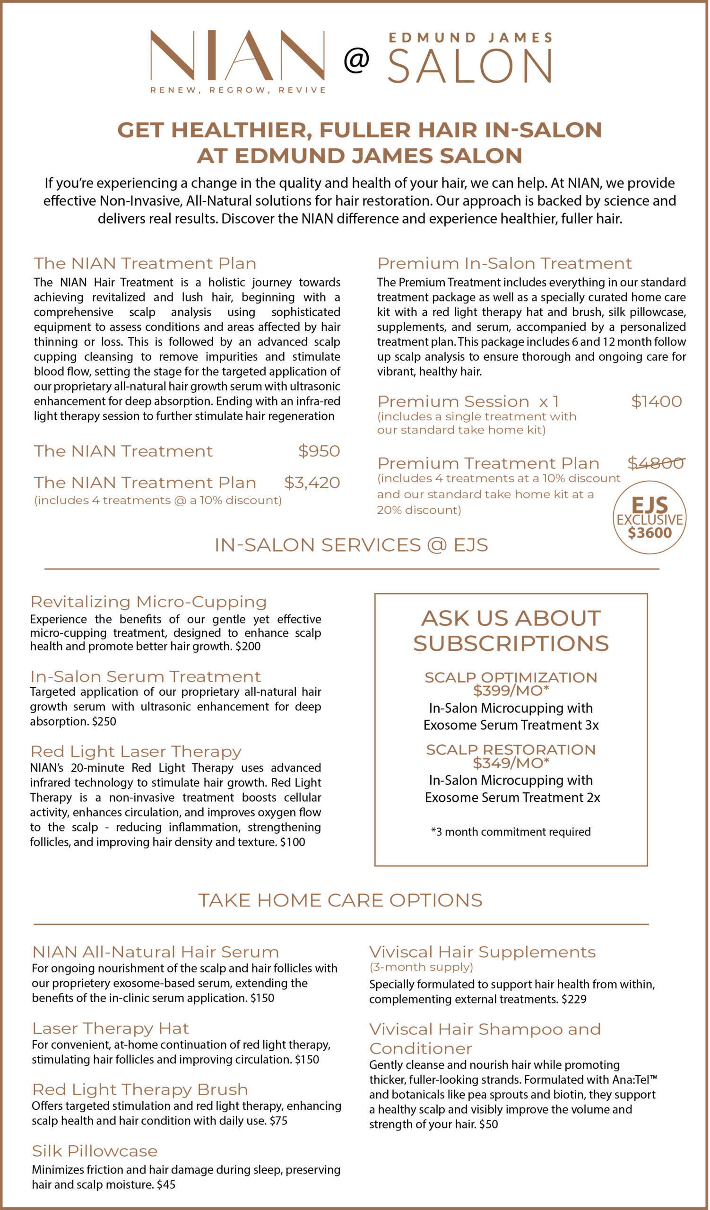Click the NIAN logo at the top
tap(238, 57)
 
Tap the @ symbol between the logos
tap(356, 60)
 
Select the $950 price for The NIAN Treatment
tap(319, 451)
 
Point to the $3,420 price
tap(312, 483)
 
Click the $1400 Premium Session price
tap(656, 401)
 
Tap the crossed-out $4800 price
tap(656, 463)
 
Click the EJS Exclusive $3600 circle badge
tap(649, 518)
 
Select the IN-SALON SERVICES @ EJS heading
tap(351, 545)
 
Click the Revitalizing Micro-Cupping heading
tap(149, 602)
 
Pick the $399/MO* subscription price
tap(511, 691)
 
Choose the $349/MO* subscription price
tap(511, 763)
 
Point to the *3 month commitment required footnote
tap(511, 831)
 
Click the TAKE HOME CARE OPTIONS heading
tap(340, 900)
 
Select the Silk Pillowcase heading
tap(95, 1151)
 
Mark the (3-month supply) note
tap(421, 967)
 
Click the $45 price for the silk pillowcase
tap(166, 1184)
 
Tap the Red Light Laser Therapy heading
tap(136, 752)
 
